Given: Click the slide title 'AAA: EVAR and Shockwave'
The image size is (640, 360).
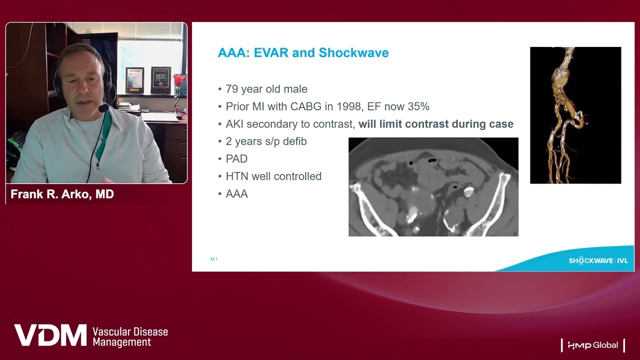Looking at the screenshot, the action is pyautogui.click(x=303, y=53).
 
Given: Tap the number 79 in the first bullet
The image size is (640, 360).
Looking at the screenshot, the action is pyautogui.click(x=231, y=89).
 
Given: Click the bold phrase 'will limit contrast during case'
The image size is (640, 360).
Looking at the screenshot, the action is pyautogui.click(x=436, y=124).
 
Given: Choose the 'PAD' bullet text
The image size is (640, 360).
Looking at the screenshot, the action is pyautogui.click(x=236, y=159).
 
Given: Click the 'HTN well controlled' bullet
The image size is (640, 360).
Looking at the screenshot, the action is pyautogui.click(x=273, y=176).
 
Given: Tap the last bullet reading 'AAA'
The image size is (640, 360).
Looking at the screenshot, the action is pyautogui.click(x=237, y=194).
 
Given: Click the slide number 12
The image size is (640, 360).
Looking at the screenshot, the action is pyautogui.click(x=212, y=259).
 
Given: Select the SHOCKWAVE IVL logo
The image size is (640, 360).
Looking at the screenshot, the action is pyautogui.click(x=598, y=260).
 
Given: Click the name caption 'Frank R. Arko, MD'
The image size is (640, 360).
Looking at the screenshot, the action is pyautogui.click(x=62, y=194).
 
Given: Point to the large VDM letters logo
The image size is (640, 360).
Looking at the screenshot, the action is pyautogui.click(x=50, y=335).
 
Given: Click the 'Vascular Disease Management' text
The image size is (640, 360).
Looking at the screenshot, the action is pyautogui.click(x=130, y=337).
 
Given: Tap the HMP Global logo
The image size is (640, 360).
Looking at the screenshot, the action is pyautogui.click(x=593, y=345).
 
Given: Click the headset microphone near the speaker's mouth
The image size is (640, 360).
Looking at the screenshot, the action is pyautogui.click(x=103, y=108).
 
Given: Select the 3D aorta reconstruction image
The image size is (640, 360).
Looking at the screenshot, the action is pyautogui.click(x=575, y=115).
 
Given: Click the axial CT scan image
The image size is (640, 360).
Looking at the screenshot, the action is pyautogui.click(x=433, y=187).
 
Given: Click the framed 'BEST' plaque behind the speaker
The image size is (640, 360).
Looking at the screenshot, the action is pyautogui.click(x=161, y=80).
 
